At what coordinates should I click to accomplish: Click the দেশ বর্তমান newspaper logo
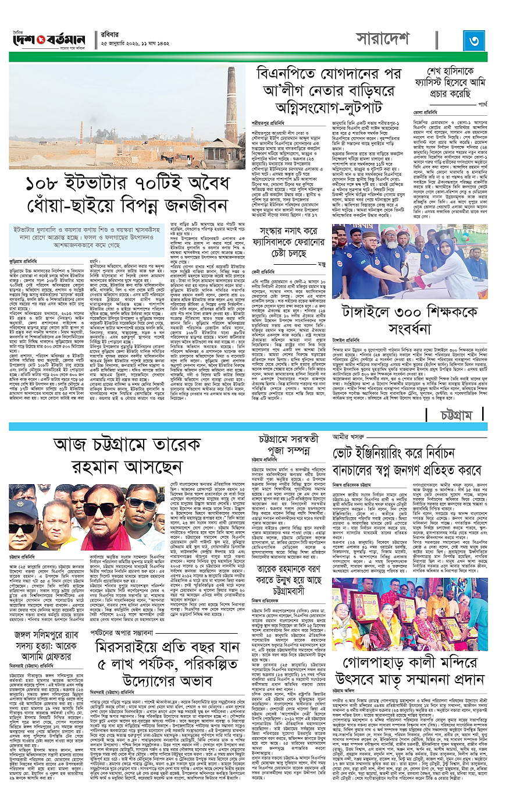tap(49, 41)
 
